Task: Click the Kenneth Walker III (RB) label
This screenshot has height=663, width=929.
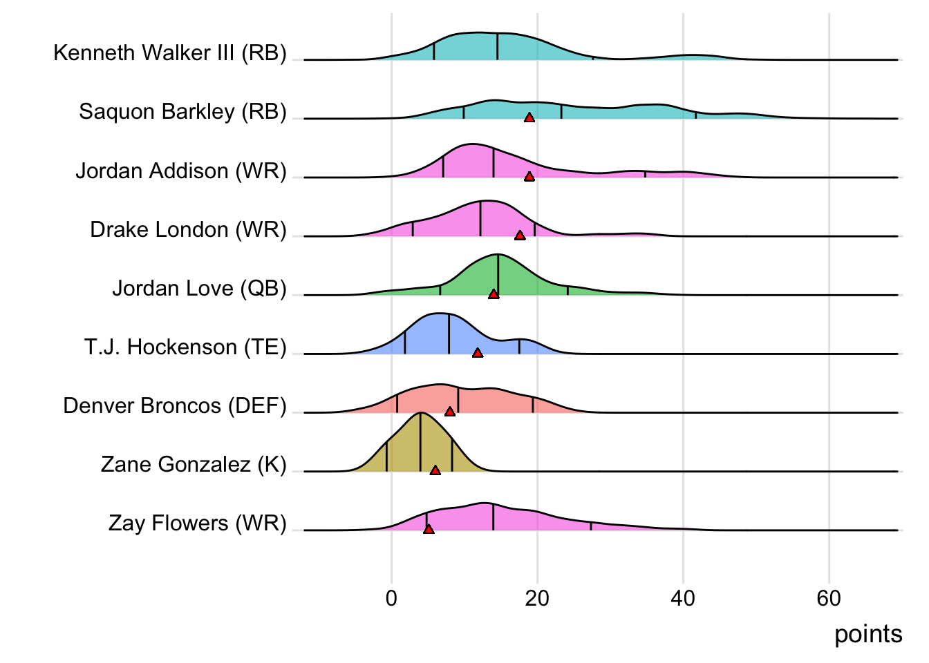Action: point(169,53)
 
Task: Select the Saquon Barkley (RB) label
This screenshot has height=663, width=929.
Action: point(182,112)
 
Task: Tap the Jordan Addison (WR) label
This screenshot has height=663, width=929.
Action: point(180,171)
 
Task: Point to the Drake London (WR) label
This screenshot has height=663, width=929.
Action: point(188,229)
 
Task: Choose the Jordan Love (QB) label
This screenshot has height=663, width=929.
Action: point(199,288)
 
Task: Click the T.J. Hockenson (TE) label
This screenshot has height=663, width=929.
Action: point(185,347)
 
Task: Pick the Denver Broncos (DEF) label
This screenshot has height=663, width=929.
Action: point(174,405)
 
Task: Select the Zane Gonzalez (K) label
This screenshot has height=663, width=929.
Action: point(194,464)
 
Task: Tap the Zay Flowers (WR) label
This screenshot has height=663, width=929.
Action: point(197,523)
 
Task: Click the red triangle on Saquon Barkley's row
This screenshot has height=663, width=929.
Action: point(529,118)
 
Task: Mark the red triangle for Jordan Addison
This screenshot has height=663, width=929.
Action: point(529,177)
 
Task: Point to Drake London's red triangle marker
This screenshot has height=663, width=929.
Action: point(520,236)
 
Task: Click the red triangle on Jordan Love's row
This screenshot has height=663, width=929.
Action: point(494,294)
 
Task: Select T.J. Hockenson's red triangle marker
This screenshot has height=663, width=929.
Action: point(478,353)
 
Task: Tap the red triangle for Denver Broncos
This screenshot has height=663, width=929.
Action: point(450,412)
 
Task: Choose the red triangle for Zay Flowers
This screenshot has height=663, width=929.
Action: point(429,529)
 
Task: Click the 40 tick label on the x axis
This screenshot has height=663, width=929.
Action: point(683,598)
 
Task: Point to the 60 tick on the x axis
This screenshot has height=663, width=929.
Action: point(829,598)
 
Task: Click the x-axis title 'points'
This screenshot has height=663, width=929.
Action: point(868,634)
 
